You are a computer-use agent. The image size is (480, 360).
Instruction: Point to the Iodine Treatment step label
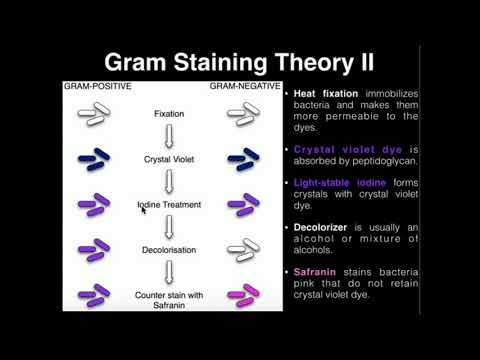pos(169,205)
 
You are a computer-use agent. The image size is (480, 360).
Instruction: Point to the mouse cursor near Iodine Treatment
pos(145,210)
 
